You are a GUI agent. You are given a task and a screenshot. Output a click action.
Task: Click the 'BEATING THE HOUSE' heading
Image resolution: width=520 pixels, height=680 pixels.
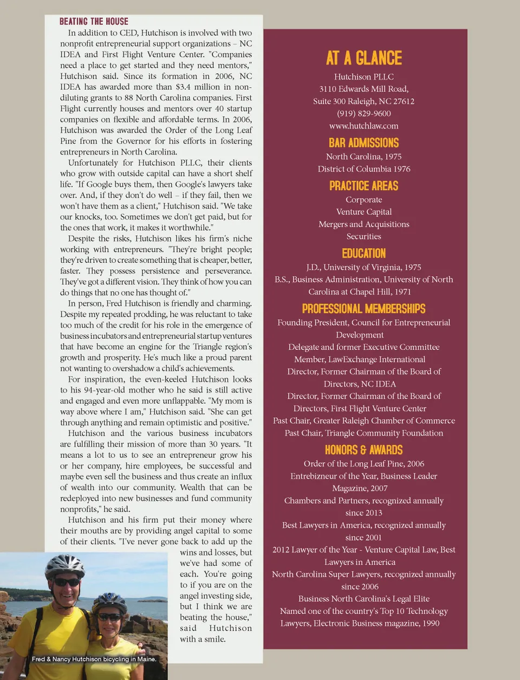pyautogui.click(x=94, y=22)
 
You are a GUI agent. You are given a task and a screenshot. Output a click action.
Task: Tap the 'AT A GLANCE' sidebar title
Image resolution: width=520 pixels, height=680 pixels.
pyautogui.click(x=364, y=58)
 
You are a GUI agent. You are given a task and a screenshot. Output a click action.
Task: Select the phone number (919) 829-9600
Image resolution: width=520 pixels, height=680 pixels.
pyautogui.click(x=364, y=113)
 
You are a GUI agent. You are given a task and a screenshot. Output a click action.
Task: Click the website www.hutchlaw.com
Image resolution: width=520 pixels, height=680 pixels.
pyautogui.click(x=364, y=126)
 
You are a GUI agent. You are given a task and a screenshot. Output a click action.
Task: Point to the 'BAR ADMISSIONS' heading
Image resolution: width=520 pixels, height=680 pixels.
pyautogui.click(x=364, y=143)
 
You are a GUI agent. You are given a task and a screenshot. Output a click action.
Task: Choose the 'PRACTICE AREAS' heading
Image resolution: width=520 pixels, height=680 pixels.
pyautogui.click(x=364, y=186)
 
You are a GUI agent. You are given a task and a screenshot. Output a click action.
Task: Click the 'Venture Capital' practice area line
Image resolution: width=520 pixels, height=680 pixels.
pyautogui.click(x=364, y=212)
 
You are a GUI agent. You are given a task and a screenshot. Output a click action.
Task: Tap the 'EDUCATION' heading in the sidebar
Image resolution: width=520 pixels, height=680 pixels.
pyautogui.click(x=364, y=253)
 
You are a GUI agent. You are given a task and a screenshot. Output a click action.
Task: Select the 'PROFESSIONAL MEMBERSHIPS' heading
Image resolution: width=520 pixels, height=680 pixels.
pyautogui.click(x=364, y=309)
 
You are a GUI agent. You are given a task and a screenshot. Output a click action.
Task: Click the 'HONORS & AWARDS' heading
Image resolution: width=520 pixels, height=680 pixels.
pyautogui.click(x=364, y=450)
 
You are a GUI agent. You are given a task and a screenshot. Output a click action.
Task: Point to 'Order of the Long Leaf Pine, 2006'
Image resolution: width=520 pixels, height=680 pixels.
pyautogui.click(x=364, y=464)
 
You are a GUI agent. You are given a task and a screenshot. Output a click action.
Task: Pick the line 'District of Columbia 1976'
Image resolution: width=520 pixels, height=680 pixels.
pyautogui.click(x=364, y=169)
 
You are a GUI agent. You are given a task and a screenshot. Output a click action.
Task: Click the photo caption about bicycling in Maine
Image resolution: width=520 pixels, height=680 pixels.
pyautogui.click(x=94, y=659)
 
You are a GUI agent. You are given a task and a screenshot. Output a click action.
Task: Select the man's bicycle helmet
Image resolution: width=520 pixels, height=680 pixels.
pyautogui.click(x=64, y=566)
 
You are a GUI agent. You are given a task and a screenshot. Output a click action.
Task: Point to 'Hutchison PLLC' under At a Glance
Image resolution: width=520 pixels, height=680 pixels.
pyautogui.click(x=364, y=77)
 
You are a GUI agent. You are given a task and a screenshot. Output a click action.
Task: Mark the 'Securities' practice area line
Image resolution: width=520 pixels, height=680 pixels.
pyautogui.click(x=364, y=236)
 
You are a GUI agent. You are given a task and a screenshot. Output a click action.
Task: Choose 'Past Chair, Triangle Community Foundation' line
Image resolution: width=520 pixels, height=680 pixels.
pyautogui.click(x=364, y=433)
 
